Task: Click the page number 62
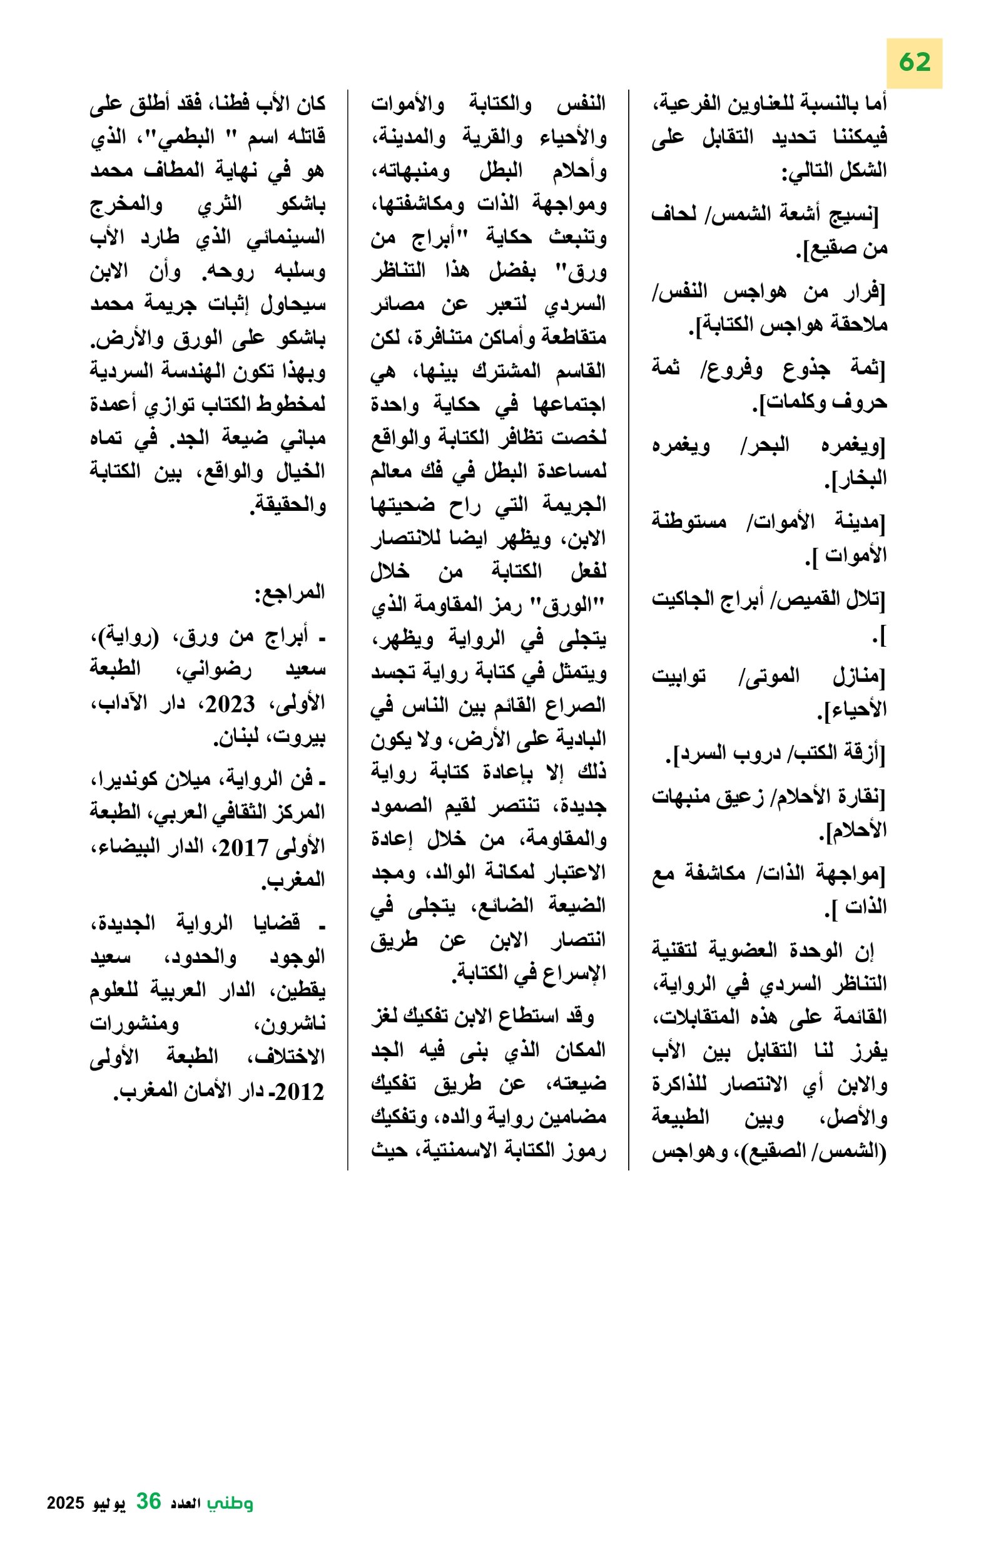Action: click(915, 63)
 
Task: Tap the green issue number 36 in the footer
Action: click(148, 1501)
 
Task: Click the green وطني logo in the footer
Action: click(230, 1503)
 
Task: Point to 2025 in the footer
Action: click(66, 1503)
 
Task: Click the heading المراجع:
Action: click(290, 592)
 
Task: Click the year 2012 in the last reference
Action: click(300, 1092)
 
